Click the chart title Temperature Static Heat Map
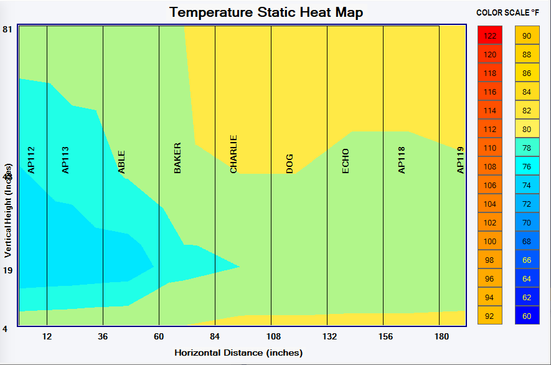tap(266, 12)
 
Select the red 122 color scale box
tap(490, 36)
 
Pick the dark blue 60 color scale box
tap(527, 316)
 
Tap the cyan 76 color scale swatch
tap(527, 166)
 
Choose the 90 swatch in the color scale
tap(527, 36)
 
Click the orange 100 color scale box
tap(490, 241)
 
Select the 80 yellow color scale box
tap(527, 129)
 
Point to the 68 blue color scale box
tap(527, 241)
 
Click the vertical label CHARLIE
tap(233, 154)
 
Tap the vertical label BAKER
tap(177, 158)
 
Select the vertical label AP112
tap(31, 159)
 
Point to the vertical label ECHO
tap(346, 161)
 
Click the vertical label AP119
tap(460, 159)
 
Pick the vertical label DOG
tap(290, 164)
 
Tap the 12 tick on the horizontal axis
tap(47, 337)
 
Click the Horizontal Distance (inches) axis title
tap(238, 353)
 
